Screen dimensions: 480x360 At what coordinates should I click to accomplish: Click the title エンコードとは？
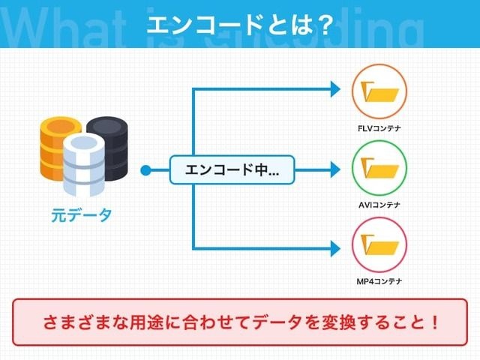click(240, 24)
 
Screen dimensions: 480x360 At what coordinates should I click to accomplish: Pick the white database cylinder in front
click(84, 165)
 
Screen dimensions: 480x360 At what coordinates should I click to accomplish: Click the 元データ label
click(81, 215)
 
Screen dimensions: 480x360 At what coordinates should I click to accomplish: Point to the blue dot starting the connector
click(145, 170)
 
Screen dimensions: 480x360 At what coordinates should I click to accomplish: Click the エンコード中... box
click(232, 170)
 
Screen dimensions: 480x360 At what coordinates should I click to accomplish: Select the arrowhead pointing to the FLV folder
click(335, 89)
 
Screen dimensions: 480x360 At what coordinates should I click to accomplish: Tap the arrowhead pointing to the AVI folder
click(335, 169)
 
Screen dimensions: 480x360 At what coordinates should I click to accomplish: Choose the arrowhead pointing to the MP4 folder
click(335, 248)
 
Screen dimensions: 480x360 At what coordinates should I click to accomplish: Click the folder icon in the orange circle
click(379, 91)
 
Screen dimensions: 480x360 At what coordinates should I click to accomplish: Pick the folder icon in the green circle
click(379, 168)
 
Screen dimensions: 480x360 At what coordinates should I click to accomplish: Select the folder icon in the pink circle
click(379, 244)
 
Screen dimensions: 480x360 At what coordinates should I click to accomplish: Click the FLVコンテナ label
click(379, 128)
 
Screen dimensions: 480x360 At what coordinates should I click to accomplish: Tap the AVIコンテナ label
click(379, 205)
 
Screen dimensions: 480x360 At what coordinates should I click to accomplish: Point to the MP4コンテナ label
click(379, 281)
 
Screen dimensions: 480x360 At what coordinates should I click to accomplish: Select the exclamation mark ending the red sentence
click(435, 322)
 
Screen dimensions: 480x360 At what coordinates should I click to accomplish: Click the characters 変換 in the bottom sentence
click(338, 322)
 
